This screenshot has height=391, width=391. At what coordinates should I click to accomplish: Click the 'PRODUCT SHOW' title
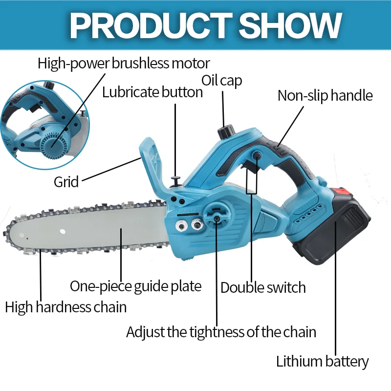[205, 25]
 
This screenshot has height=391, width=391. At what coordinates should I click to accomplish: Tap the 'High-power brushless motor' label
[124, 64]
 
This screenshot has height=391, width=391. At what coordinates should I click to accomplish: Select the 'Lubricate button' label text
[152, 92]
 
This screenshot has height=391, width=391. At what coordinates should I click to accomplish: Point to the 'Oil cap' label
[222, 81]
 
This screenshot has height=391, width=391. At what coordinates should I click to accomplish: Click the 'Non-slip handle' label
[325, 95]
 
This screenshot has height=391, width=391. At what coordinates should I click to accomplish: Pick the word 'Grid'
[66, 181]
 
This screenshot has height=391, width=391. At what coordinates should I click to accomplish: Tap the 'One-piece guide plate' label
[136, 286]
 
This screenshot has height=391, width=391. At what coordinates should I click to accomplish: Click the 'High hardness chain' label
[66, 307]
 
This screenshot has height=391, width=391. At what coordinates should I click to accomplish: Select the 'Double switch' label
[263, 287]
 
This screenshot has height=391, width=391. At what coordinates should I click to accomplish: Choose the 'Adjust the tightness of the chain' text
[221, 332]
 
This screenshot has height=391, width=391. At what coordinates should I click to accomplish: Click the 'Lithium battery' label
[322, 361]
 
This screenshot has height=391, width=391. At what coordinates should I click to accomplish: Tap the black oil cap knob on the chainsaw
[226, 132]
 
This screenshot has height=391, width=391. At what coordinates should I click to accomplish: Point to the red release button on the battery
[340, 191]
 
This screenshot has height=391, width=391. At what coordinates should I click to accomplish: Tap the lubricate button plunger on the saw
[176, 181]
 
